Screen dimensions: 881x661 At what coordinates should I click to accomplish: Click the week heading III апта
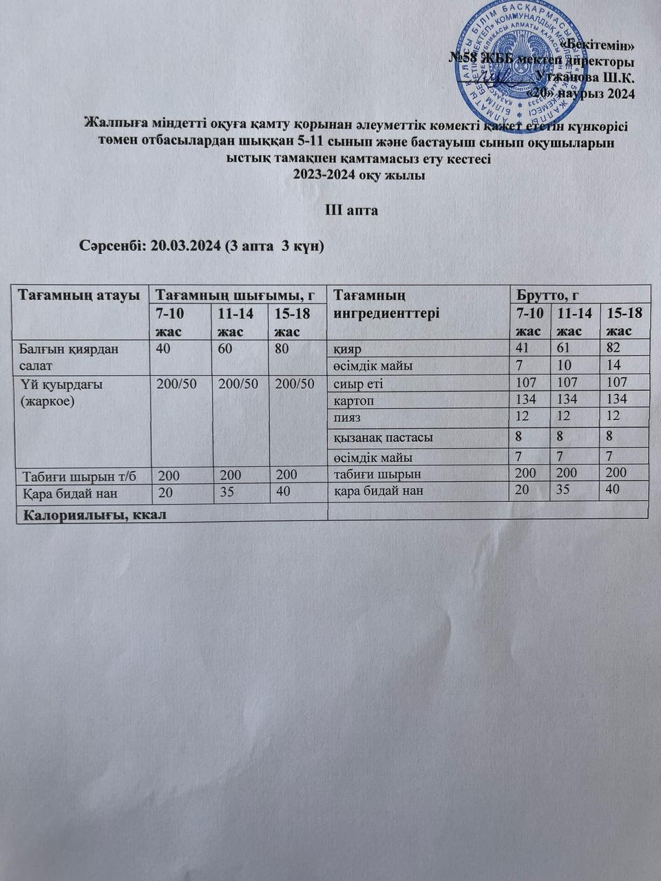352,210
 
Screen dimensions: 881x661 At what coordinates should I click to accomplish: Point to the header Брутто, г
547,295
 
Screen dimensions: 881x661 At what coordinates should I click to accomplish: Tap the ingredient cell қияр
348,349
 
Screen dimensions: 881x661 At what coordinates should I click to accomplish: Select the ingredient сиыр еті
358,383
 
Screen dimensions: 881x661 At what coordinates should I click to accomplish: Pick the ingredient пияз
347,417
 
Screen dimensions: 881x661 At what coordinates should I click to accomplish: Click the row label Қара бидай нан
70,493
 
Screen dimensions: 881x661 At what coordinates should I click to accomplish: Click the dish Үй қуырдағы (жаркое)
63,392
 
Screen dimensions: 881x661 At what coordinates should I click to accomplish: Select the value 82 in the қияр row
613,348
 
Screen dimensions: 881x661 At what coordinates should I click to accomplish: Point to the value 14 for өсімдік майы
613,365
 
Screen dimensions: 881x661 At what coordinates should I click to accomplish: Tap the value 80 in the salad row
282,348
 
